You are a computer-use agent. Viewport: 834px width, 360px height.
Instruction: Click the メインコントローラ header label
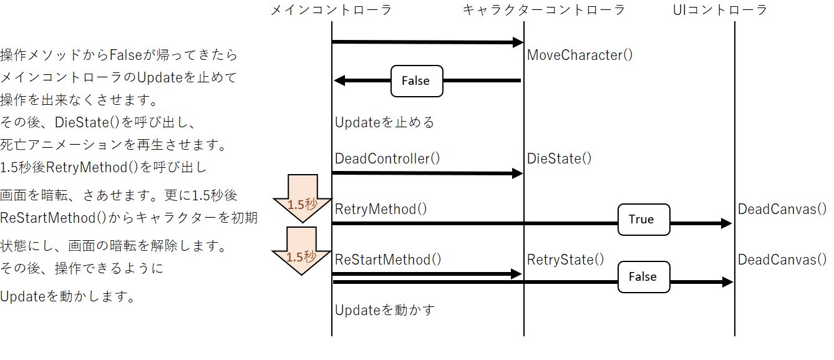[x=331, y=10]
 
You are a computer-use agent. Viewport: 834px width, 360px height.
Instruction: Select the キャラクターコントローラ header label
[x=543, y=10]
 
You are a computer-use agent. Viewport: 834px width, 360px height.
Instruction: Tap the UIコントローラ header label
[x=720, y=10]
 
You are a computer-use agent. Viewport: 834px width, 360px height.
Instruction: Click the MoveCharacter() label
[x=579, y=55]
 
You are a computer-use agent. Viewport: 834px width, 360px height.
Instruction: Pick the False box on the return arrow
[x=416, y=81]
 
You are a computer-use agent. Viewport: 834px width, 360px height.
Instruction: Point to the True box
[x=643, y=219]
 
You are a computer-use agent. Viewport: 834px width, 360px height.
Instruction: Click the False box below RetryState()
[x=643, y=276]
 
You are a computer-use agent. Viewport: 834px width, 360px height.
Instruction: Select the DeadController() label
[x=387, y=158]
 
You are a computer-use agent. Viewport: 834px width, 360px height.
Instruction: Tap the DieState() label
[x=559, y=158]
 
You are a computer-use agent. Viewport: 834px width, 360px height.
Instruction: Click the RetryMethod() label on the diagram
[x=381, y=209]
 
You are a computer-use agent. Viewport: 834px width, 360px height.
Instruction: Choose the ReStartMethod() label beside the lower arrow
[x=388, y=260]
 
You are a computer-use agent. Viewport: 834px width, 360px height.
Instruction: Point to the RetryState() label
[x=565, y=260]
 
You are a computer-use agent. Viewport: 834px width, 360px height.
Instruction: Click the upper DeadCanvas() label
[x=782, y=209]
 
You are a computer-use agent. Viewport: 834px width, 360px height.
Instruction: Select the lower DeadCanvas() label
[x=782, y=260]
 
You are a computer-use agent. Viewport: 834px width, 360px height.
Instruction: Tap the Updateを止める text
[x=384, y=122]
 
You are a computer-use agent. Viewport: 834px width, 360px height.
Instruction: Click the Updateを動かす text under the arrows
[x=384, y=309]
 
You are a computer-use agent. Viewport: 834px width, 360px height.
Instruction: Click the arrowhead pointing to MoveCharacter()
[x=517, y=42]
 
